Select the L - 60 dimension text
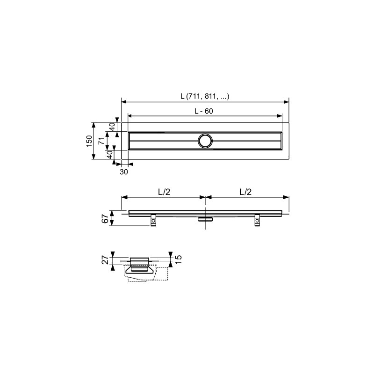(205, 111)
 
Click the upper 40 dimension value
(112, 127)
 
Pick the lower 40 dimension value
(110, 154)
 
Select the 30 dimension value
(124, 172)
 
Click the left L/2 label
(163, 192)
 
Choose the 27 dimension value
(106, 260)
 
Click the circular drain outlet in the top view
(205, 141)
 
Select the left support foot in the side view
(153, 221)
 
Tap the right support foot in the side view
(257, 221)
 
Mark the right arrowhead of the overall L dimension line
(286, 101)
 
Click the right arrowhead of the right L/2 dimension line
(286, 197)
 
